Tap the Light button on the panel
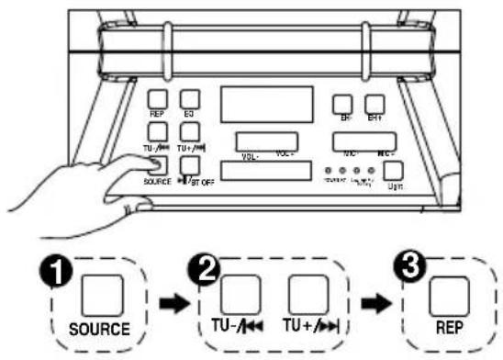394,171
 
